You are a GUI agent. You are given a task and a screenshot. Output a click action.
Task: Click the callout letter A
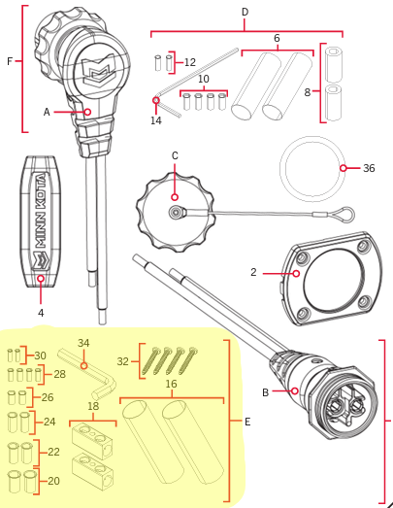pyautogui.click(x=46, y=113)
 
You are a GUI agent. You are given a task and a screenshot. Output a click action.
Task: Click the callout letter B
pyautogui.click(x=266, y=392)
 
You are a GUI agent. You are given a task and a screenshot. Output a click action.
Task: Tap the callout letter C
pyautogui.click(x=175, y=155)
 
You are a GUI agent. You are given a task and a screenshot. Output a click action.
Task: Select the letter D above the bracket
pyautogui.click(x=245, y=12)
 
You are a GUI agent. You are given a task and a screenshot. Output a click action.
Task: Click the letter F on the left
pyautogui.click(x=10, y=61)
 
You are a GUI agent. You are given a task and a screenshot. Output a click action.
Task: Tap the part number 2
pyautogui.click(x=252, y=273)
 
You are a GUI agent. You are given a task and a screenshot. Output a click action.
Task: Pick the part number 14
pyautogui.click(x=156, y=120)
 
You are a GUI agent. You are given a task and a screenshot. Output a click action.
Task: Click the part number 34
pyautogui.click(x=83, y=342)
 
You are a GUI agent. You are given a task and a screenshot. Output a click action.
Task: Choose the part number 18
pyautogui.click(x=93, y=406)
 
